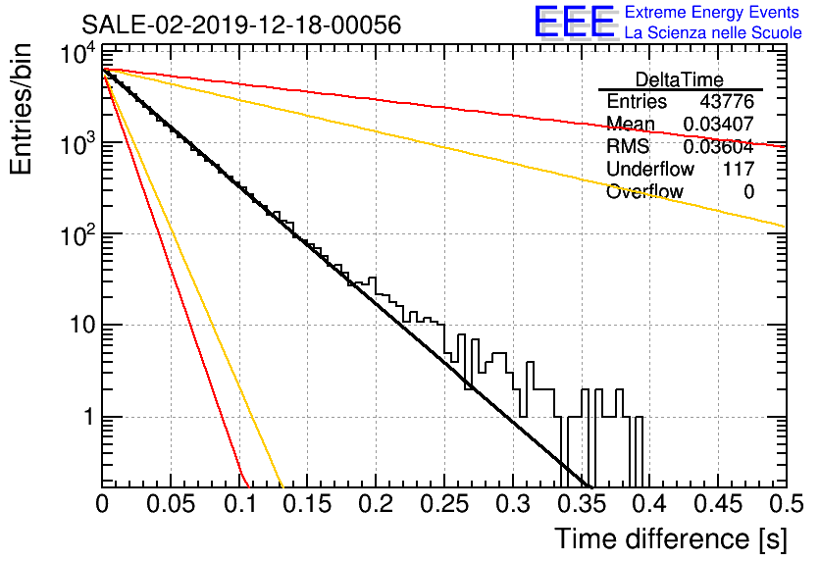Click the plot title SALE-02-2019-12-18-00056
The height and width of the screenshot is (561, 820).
[x=241, y=25]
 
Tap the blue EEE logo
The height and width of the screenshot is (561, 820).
[x=575, y=22]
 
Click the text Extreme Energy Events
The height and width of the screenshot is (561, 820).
[x=712, y=12]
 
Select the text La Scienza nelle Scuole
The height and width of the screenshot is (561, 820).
[x=713, y=32]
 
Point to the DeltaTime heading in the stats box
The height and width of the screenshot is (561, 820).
[x=680, y=79]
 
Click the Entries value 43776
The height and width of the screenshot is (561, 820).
[x=727, y=101]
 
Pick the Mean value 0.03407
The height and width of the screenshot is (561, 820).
[x=719, y=124]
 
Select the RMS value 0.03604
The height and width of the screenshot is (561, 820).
[x=719, y=146]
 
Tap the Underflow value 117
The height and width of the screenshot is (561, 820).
[x=739, y=169]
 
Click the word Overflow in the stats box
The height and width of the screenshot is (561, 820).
[x=644, y=191]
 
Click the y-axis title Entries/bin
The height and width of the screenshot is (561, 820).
[x=21, y=110]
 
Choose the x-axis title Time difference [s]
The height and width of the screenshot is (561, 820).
[x=671, y=539]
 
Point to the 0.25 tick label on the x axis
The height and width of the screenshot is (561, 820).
[x=444, y=504]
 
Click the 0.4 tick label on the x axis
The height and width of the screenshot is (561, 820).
[x=651, y=504]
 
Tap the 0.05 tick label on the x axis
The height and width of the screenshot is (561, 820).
[x=171, y=504]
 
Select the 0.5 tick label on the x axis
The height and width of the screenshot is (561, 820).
[x=787, y=504]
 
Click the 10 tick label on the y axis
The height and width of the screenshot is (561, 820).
[x=82, y=326]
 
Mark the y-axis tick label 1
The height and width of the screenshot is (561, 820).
[x=88, y=417]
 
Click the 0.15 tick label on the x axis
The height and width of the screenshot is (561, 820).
[x=307, y=504]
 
